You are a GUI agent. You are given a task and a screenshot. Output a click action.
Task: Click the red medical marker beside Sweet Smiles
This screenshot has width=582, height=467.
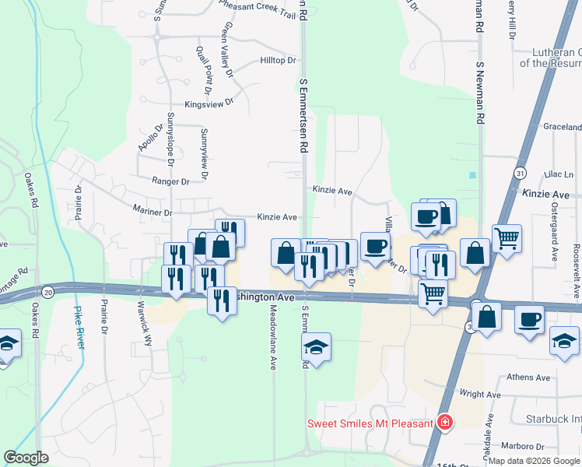pyautogui.click(x=444, y=423)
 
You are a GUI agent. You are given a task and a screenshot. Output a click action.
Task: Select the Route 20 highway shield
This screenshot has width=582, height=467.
pyautogui.click(x=48, y=291)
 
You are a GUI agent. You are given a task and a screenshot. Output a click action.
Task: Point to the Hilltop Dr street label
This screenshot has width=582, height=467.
pyautogui.click(x=279, y=61)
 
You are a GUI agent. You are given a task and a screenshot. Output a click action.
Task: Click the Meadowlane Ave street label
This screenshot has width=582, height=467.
pyautogui.click(x=273, y=336)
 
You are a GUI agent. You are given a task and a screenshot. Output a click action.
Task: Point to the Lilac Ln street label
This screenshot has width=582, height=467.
pyautogui.click(x=558, y=174)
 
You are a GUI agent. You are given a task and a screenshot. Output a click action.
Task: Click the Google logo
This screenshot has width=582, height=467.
pyautogui.click(x=26, y=458)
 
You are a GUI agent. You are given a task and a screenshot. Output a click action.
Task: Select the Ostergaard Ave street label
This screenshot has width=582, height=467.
pyautogui.click(x=555, y=233)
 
